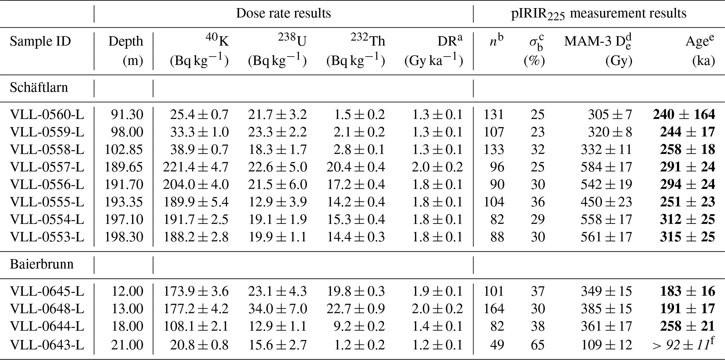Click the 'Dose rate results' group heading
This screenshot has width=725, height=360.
283,13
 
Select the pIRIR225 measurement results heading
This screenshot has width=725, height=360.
598,13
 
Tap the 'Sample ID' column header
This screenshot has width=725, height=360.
40,41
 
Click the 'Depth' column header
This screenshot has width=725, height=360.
126,41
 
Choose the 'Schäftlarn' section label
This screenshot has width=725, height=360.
39,87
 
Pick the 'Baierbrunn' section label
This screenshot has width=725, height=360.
42,264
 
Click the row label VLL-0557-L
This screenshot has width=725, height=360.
47,167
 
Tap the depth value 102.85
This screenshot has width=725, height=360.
124,149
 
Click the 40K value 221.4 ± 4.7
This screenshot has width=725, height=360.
196,167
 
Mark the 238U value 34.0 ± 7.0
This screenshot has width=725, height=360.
277,309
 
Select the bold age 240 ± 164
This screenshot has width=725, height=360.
684,114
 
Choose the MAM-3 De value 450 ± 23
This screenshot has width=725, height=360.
606,202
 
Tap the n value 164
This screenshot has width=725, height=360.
494,309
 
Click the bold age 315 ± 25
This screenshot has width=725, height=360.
687,237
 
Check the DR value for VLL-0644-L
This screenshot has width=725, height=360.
437,326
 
